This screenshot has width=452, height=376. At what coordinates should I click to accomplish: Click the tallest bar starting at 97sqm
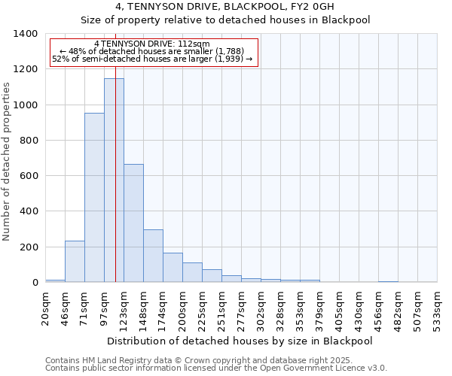click(x=114, y=180)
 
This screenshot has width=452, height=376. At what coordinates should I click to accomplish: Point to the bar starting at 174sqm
click(x=173, y=268)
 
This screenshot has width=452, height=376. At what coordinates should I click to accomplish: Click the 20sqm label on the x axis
click(x=46, y=308)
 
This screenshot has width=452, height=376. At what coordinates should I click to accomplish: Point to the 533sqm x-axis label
click(x=438, y=308)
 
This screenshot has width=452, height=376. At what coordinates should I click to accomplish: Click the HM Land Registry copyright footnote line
click(x=215, y=360)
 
